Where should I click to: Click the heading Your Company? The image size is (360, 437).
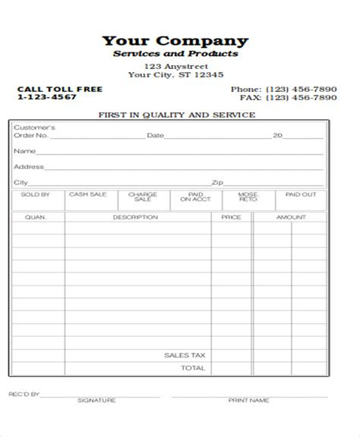coord(175,40)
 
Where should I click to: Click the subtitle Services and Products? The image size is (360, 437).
coord(175,55)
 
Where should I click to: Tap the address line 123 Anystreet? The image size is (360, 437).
coord(175,67)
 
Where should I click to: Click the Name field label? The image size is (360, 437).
coord(23,151)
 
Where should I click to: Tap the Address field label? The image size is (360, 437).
coord(29,166)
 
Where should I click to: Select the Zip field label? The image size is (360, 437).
coord(217,182)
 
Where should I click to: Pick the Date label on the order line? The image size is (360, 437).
coord(155,136)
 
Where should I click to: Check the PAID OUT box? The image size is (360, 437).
coord(300,200)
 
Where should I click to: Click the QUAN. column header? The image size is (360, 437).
coord(36,218)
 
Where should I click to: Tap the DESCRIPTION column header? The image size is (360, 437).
coord(135,218)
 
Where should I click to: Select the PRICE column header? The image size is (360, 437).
coord(231,218)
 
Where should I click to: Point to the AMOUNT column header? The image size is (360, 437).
coord(290,218)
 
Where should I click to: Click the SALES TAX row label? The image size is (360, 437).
coord(185,354)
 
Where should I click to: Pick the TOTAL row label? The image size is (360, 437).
coord(193,368)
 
